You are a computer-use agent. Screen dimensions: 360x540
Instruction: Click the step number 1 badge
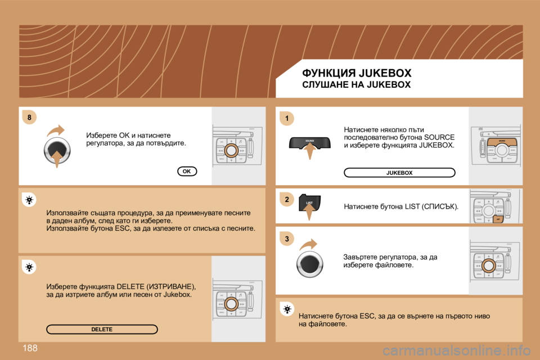pos(286,118)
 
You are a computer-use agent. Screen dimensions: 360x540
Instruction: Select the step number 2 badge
pos(286,200)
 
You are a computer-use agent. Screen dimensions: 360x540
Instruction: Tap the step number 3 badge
pos(286,239)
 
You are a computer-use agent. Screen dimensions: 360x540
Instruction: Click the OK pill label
pos(187,171)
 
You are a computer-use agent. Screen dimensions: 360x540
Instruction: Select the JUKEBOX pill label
pos(399,173)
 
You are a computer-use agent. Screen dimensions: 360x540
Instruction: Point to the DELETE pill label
pos(102,329)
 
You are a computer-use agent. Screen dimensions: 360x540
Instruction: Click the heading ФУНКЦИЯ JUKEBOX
pos(357,73)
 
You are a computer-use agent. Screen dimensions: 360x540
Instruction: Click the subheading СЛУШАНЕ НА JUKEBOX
pos(357,85)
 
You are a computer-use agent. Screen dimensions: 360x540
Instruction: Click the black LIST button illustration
pos(309,203)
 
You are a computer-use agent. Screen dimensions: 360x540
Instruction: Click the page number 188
pos(30,349)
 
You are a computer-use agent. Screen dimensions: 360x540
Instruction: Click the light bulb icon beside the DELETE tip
pos(29,268)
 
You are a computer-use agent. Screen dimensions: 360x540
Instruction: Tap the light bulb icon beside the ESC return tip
pos(286,309)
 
